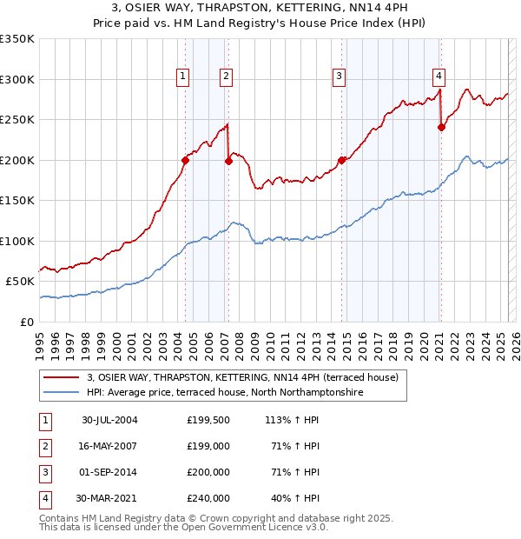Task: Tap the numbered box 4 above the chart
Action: pyautogui.click(x=439, y=76)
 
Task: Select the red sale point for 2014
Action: pyautogui.click(x=341, y=160)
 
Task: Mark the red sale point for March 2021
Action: pyautogui.click(x=442, y=127)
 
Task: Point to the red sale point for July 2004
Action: pyautogui.click(x=185, y=160)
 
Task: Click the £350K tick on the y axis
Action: pyautogui.click(x=17, y=39)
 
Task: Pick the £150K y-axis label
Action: pyautogui.click(x=17, y=201)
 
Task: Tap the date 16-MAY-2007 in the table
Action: pyautogui.click(x=109, y=446)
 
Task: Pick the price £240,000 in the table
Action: pyautogui.click(x=208, y=498)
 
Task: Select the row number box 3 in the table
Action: pyautogui.click(x=43, y=472)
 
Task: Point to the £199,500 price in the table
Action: pyautogui.click(x=208, y=420)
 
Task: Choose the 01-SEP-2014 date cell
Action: pyautogui.click(x=109, y=472)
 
